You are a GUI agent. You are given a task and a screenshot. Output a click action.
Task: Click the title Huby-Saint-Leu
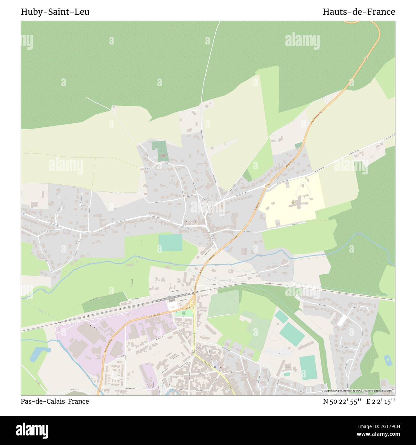pyautogui.click(x=55, y=12)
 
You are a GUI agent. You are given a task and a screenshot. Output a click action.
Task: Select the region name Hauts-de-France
pyautogui.click(x=359, y=12)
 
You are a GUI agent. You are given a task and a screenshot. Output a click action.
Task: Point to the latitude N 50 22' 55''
pyautogui.click(x=342, y=401)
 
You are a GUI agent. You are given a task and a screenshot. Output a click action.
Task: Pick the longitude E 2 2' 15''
pyautogui.click(x=381, y=401)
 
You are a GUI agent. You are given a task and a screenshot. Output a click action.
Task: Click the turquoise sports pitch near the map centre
pyautogui.click(x=170, y=243)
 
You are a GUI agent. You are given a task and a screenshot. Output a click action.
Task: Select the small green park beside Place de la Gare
pyautogui.click(x=184, y=313)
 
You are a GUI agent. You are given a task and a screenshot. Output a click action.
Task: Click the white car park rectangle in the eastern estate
pyautogui.click(x=342, y=320)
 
